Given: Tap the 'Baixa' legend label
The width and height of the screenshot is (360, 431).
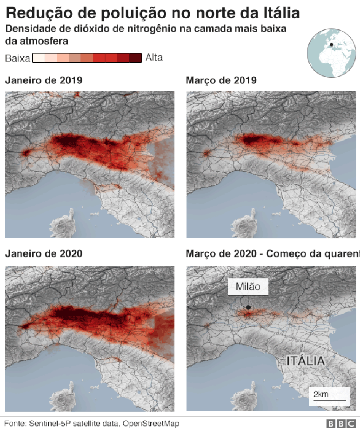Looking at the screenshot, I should point(18,58).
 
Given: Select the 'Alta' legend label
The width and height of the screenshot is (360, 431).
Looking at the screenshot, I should point(154,58).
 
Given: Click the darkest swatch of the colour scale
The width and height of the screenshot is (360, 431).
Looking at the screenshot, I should point(135,58).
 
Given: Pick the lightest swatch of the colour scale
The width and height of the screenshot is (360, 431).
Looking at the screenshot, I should point(39,58).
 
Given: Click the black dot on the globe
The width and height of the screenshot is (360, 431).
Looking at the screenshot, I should point(331,45).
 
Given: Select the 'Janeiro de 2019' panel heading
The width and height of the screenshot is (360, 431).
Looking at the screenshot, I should point(44,81).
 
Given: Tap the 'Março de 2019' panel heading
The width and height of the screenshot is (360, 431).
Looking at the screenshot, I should point(221,81).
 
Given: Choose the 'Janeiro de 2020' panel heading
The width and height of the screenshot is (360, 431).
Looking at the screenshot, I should point(44,254).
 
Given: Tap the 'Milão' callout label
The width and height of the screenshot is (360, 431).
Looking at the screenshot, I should point(248,286).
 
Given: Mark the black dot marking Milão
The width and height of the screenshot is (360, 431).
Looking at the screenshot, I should point(248,307).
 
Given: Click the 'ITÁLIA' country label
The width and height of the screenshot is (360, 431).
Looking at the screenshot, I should point(305,361).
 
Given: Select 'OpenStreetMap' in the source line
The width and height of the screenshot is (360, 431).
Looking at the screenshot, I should point(151,424).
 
